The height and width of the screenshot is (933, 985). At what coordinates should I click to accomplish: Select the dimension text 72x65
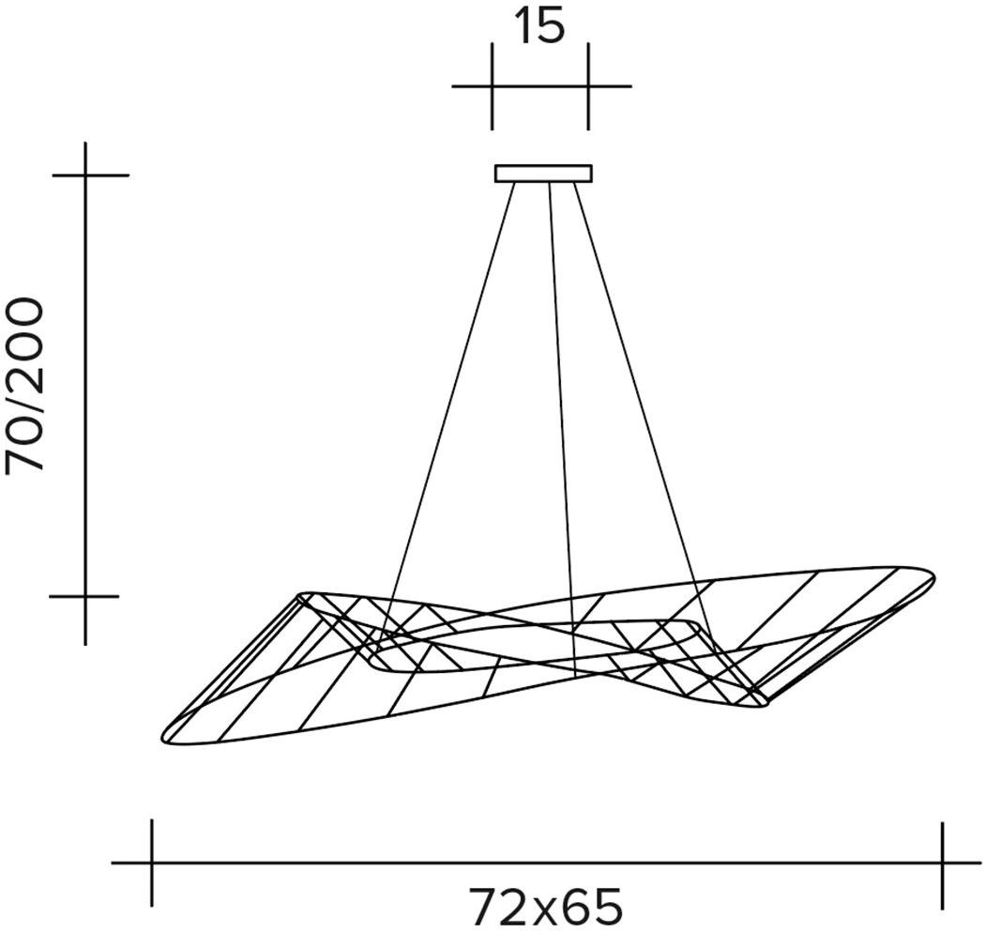[x=545, y=905]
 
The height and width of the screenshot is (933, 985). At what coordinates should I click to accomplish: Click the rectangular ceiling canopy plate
[x=543, y=174]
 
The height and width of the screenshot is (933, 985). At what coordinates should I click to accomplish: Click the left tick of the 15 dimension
[x=492, y=86]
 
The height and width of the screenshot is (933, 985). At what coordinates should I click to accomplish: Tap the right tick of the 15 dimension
[x=588, y=86]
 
